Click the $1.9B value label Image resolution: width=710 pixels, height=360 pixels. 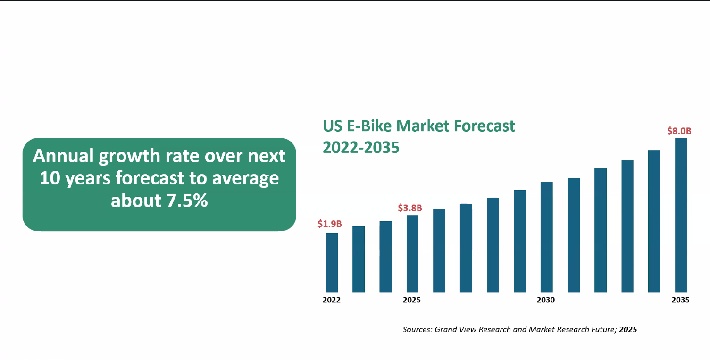coord(330,224)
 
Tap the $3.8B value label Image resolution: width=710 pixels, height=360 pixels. coord(410,208)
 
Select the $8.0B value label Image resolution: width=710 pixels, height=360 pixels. coord(679,131)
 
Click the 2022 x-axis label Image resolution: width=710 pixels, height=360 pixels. coord(332,300)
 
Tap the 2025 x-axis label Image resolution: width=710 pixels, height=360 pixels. coord(412,300)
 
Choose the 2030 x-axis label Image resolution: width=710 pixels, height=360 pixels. coord(546,300)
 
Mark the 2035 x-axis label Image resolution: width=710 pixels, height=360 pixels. coord(681,300)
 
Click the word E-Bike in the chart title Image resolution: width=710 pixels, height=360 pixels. coord(370,126)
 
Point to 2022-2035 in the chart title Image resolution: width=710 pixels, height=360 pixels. coord(361,148)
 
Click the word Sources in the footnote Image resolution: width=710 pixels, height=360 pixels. coord(417,329)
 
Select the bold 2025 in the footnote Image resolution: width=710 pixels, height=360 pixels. coord(628,329)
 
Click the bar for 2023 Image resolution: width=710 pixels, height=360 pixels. coord(359,259)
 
